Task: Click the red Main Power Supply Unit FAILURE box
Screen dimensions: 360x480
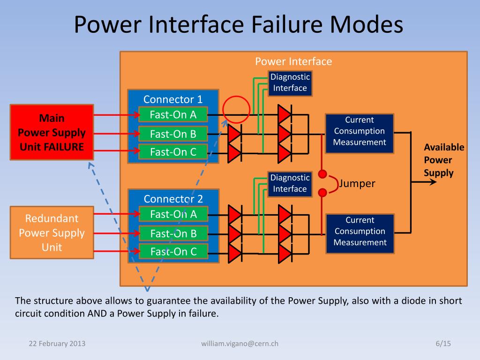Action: pyautogui.click(x=52, y=132)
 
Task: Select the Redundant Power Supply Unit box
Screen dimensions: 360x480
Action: pyautogui.click(x=52, y=232)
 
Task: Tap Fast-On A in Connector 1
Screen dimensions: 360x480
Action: pyautogui.click(x=172, y=115)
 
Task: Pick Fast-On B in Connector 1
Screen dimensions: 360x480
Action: pyautogui.click(x=172, y=134)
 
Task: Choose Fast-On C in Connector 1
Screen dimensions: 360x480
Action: pyautogui.click(x=172, y=152)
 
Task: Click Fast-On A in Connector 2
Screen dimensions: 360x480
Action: pyautogui.click(x=172, y=214)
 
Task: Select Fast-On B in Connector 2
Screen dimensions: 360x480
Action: pyautogui.click(x=172, y=233)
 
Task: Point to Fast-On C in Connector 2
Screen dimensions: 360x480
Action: pyautogui.click(x=172, y=252)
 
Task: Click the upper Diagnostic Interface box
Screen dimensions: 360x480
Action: pyautogui.click(x=290, y=83)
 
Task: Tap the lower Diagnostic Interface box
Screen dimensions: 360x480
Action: pyautogui.click(x=290, y=183)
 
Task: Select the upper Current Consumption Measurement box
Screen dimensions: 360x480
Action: pyautogui.click(x=360, y=131)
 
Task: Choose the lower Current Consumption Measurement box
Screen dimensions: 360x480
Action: pyautogui.click(x=360, y=232)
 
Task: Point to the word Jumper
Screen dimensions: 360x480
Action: pyautogui.click(x=358, y=183)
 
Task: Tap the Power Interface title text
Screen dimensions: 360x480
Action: pyautogui.click(x=293, y=61)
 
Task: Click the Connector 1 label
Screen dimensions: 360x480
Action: pyautogui.click(x=172, y=99)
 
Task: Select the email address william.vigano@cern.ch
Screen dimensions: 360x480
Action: pyautogui.click(x=240, y=344)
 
